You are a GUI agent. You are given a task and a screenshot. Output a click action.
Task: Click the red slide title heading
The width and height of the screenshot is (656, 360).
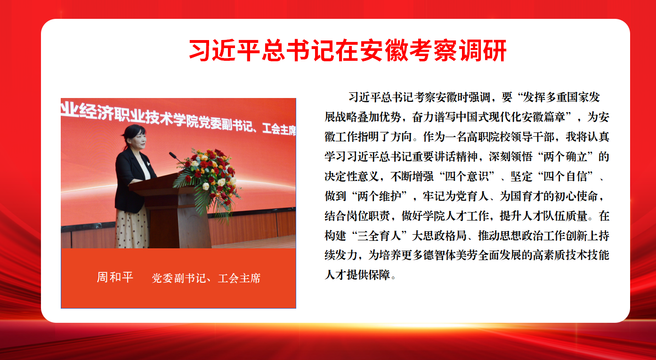pyautogui.click(x=348, y=50)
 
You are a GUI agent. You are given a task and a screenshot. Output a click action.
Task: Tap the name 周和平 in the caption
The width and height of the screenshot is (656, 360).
pyautogui.click(x=115, y=277)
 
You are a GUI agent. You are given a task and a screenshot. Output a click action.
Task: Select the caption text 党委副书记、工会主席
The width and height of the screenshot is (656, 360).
pyautogui.click(x=206, y=278)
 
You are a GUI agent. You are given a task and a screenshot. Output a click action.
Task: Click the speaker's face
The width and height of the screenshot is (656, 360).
pyautogui.click(x=139, y=140)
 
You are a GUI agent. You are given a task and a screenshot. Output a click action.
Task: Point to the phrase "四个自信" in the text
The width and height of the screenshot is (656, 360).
pyautogui.click(x=565, y=176)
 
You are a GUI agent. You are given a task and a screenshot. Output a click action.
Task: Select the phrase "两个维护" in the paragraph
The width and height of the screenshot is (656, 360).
pyautogui.click(x=379, y=196)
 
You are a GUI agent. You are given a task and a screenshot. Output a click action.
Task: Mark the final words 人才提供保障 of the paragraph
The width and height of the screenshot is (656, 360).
pyautogui.click(x=357, y=275)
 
